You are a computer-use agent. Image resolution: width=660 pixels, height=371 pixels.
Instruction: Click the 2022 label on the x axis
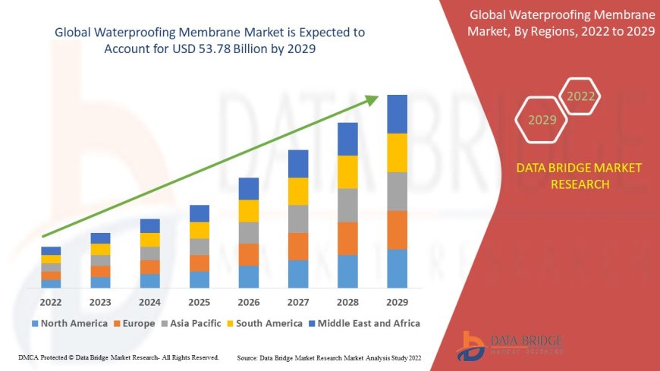pos(51,301)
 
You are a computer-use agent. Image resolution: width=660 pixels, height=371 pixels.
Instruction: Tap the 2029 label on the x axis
pos(397,301)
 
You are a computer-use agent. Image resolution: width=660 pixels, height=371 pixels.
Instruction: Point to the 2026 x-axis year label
pos(249,301)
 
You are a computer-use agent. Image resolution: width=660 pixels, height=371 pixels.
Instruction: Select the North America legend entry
pos(70,323)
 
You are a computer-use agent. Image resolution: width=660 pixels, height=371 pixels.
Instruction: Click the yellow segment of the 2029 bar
pos(397,152)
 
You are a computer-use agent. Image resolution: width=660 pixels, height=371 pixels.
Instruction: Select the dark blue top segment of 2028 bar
pos(347,139)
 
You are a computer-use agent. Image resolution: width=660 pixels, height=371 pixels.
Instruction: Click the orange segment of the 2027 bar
pos(298,246)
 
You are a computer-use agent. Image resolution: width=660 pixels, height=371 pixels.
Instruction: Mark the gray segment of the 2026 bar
pos(249,232)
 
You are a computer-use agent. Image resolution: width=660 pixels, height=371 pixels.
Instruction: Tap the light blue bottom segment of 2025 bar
pos(200,279)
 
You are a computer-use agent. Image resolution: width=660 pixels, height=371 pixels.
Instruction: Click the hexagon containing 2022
pos(580,96)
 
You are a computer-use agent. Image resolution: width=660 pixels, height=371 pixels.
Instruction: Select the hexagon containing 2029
pos(542,120)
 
